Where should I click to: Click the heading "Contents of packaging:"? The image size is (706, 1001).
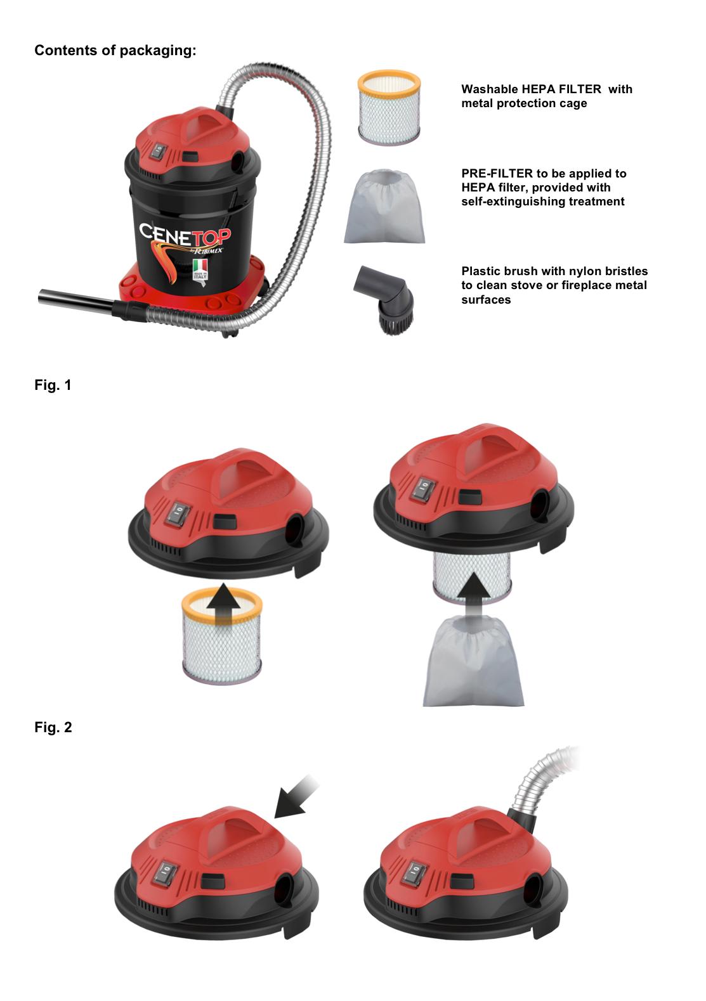(115, 51)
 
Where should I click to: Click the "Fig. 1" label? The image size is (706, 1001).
(53, 385)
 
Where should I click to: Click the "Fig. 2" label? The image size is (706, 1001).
(53, 728)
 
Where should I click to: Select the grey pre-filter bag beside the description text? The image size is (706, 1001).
(384, 206)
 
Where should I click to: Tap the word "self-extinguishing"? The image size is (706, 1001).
(507, 202)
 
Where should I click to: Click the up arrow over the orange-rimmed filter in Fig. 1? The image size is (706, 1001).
(222, 604)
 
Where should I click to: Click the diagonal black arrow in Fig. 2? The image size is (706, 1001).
(296, 796)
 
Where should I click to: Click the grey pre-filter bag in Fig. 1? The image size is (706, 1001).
(473, 661)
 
